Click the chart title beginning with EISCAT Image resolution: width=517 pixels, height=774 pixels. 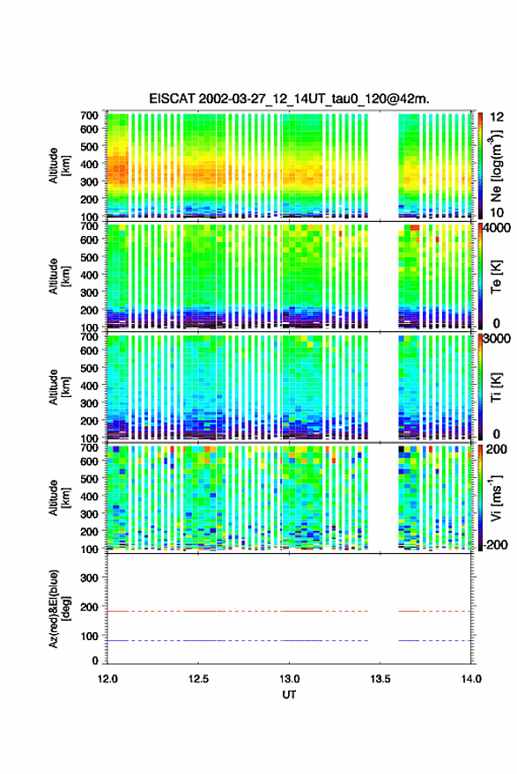(289, 99)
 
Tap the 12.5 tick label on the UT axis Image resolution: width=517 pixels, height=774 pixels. (198, 679)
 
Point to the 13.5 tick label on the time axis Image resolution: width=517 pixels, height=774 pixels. (380, 679)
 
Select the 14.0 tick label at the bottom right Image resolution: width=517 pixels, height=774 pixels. (471, 679)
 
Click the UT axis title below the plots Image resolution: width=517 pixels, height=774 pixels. (289, 695)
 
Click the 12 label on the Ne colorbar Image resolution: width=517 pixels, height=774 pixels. (497, 117)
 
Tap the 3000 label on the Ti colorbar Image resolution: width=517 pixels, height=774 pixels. (497, 339)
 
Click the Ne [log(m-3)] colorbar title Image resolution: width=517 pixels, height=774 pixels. (496, 166)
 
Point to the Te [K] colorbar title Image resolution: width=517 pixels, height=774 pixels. (496, 276)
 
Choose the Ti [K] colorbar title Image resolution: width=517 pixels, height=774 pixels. (496, 387)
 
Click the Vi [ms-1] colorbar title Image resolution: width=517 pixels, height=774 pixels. (496, 498)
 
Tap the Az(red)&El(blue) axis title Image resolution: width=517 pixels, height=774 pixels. (58, 608)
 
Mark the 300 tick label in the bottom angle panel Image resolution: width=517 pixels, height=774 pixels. (89, 578)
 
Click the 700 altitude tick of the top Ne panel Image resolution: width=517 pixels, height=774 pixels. (89, 115)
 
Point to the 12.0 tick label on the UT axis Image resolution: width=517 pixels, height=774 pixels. (107, 679)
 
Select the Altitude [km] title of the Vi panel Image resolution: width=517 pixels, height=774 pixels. (58, 498)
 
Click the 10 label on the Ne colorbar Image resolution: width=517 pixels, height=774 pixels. (497, 213)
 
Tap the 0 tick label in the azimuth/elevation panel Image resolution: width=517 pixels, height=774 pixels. (95, 660)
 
